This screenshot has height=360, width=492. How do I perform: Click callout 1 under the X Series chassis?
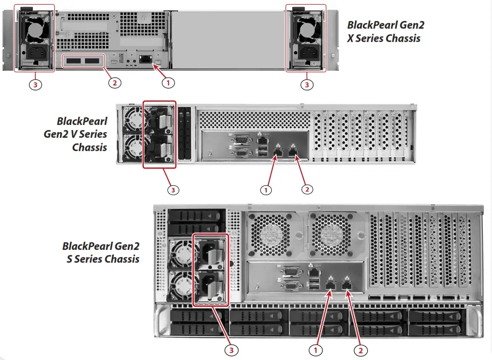tap(166, 81)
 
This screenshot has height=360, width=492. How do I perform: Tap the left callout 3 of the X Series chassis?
tap(35, 84)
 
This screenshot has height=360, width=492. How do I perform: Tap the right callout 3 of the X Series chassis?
tap(307, 84)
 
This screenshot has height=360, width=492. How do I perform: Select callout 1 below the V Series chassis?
tap(266, 189)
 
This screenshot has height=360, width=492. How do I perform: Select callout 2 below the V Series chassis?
tap(307, 189)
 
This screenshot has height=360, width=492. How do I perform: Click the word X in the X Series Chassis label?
tap(351, 38)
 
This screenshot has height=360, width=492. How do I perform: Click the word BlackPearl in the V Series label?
tap(82, 121)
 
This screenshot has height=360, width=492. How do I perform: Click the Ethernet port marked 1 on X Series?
tap(145, 58)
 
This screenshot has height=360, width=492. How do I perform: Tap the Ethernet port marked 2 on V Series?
tap(292, 151)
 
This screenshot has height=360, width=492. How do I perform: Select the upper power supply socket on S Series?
tap(210, 251)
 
